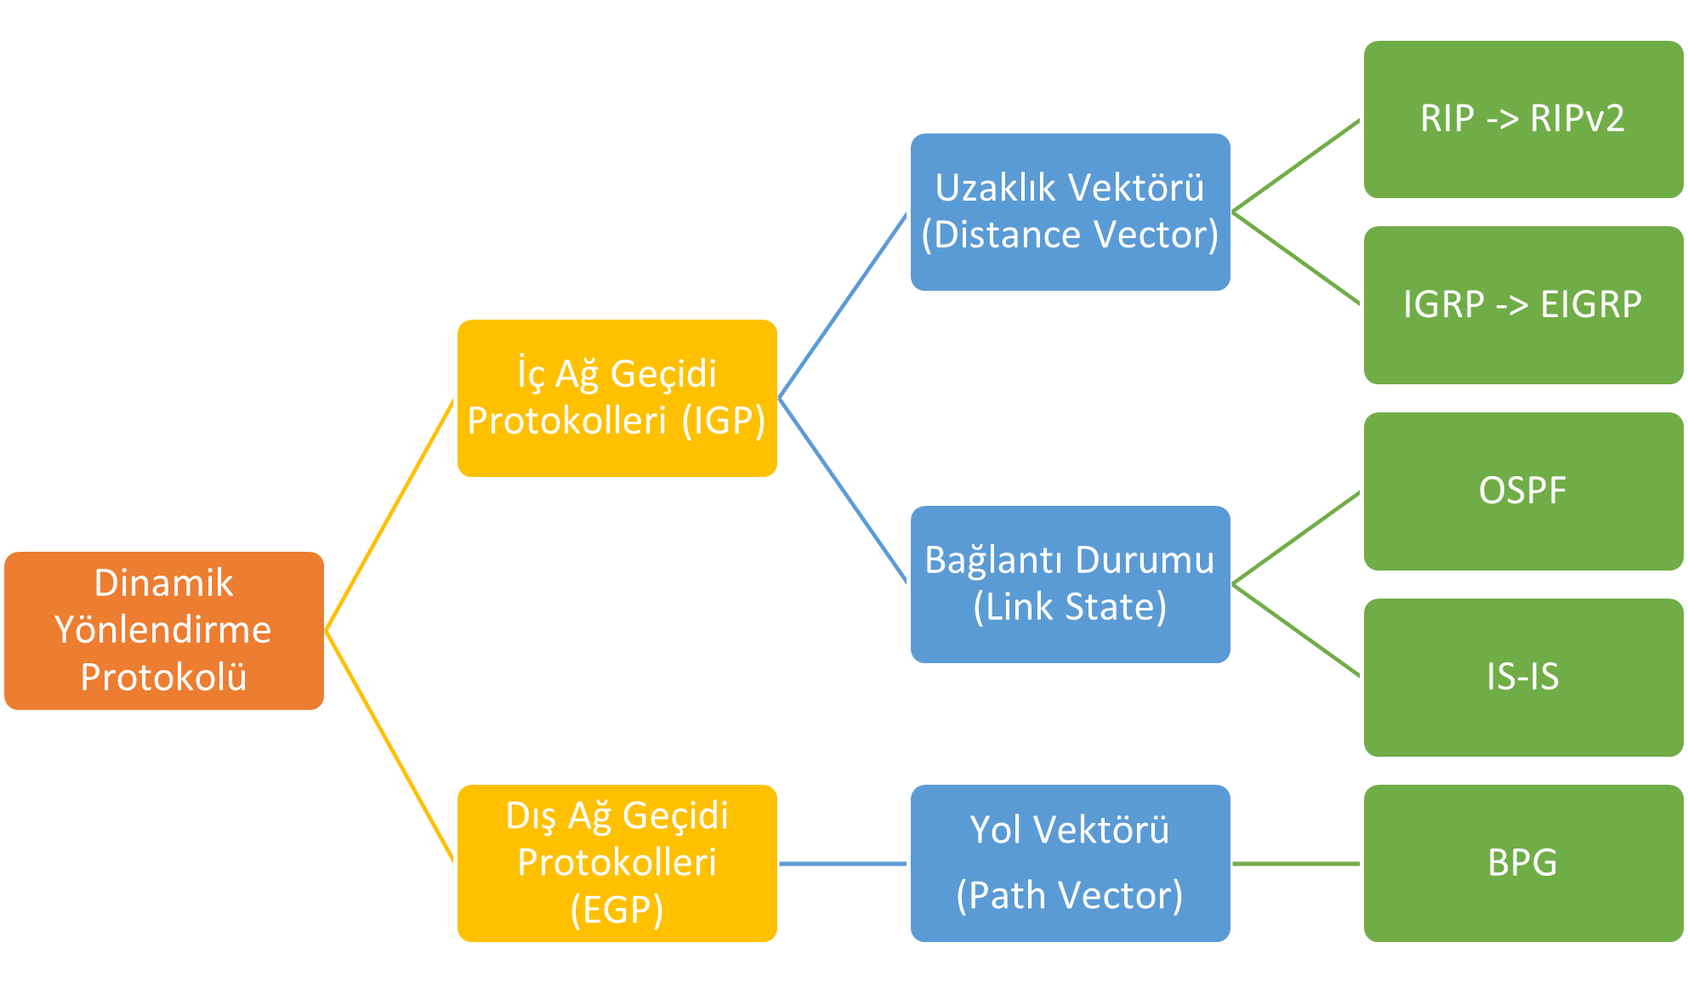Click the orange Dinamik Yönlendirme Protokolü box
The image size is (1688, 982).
tap(164, 630)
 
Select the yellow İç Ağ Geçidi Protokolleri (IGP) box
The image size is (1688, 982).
tap(617, 398)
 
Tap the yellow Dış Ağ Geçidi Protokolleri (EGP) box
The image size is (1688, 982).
tap(617, 863)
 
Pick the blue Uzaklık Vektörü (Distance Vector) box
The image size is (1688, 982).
tap(1070, 212)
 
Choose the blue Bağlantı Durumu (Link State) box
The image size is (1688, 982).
tap(1070, 584)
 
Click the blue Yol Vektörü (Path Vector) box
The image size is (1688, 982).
tap(1070, 863)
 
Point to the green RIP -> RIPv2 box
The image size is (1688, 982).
tap(1522, 119)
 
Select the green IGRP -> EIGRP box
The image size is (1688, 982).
tap(1522, 304)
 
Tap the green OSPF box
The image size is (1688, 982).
tap(1522, 491)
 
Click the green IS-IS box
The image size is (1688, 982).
tap(1522, 677)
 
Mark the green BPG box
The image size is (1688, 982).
tap(1522, 863)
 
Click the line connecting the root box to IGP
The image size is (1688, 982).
tap(390, 514)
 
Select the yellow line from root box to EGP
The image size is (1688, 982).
tap(390, 746)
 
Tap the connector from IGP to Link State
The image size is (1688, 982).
tap(844, 491)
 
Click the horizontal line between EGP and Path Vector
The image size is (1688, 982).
tap(844, 864)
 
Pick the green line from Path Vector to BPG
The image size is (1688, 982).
tap(1297, 864)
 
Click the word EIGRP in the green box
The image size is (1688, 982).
tap(1590, 304)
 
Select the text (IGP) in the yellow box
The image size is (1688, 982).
tap(724, 421)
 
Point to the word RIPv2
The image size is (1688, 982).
tap(1577, 119)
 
